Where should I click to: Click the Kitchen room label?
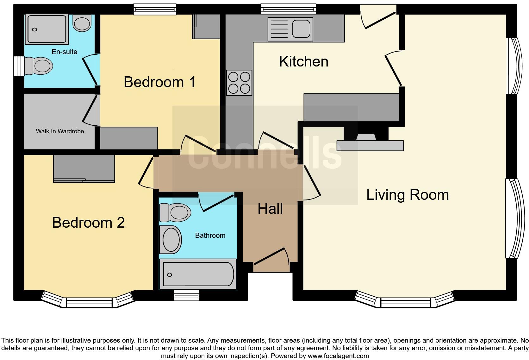[303, 61]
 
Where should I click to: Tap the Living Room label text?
[407, 195]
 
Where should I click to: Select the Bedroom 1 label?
[159, 82]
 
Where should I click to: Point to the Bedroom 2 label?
[88, 223]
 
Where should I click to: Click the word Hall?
[270, 209]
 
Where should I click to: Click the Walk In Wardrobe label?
[60, 131]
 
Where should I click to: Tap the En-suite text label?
[65, 52]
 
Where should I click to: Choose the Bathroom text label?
[210, 235]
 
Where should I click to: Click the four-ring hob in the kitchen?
[239, 83]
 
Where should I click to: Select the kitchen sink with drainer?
[290, 29]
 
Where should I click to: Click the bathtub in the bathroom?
[198, 274]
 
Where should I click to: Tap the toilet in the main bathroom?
[175, 212]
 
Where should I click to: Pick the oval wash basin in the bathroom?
[171, 240]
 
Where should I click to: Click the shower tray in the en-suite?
[47, 29]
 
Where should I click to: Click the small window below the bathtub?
[186, 295]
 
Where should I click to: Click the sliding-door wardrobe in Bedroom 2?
[84, 168]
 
